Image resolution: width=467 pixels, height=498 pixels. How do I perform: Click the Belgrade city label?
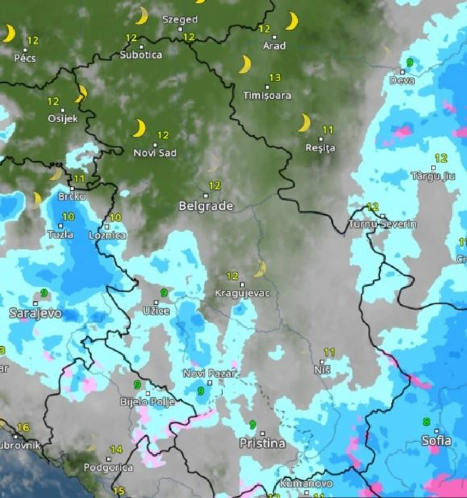click(205, 206)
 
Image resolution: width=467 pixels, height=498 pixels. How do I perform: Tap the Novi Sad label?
click(155, 153)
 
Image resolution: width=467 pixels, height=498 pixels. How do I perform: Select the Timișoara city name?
click(267, 96)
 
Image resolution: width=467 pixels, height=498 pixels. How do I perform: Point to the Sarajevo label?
click(35, 314)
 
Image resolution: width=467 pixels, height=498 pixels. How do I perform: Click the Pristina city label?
click(262, 444)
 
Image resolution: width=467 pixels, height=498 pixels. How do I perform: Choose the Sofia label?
click(436, 442)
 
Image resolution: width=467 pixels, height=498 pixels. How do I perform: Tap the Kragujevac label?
click(242, 293)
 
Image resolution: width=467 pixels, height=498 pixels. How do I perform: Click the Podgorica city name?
click(108, 468)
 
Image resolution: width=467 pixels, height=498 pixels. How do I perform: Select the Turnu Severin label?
click(382, 224)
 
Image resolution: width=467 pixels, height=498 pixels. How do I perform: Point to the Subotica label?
click(141, 55)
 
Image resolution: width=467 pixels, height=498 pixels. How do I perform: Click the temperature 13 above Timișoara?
click(274, 78)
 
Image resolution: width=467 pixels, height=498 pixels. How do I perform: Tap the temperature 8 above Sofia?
click(427, 422)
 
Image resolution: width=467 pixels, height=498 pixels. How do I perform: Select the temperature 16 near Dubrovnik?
click(22, 428)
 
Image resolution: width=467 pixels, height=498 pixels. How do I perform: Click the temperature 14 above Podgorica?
click(116, 450)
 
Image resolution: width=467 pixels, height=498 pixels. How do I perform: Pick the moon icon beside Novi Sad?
click(139, 128)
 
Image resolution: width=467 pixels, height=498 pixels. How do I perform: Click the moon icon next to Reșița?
click(304, 123)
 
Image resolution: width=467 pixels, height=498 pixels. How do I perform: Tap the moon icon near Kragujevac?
click(260, 269)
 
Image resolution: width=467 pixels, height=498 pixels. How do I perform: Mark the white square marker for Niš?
click(322, 362)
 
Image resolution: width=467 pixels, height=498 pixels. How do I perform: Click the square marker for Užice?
click(156, 302)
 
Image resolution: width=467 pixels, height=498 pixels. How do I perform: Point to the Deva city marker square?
click(402, 72)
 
